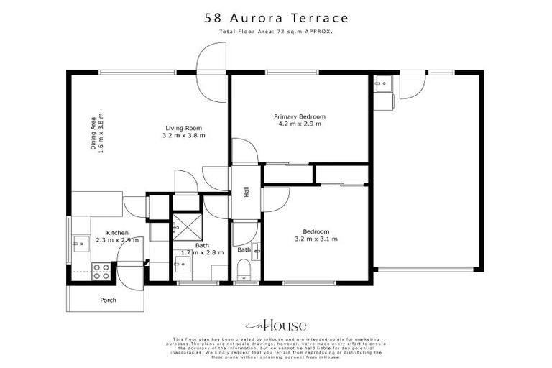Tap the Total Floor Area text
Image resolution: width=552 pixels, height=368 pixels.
click(x=276, y=33)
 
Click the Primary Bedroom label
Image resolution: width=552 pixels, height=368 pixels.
click(x=300, y=116)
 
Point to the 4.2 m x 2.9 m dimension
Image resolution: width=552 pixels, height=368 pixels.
click(x=300, y=124)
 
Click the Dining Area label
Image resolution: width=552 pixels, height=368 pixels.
click(x=93, y=133)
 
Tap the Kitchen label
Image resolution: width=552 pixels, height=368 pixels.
click(x=117, y=233)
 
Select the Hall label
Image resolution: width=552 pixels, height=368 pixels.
click(x=246, y=192)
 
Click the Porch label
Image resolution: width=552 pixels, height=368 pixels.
click(x=108, y=300)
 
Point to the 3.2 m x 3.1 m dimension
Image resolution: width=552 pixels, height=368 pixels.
click(x=317, y=239)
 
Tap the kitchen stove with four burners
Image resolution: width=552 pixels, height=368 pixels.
click(x=101, y=272)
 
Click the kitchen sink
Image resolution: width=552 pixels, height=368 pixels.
click(x=80, y=244)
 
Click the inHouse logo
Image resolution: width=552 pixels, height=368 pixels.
click(x=275, y=325)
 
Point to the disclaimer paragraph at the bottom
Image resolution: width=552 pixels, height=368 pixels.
click(x=276, y=349)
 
